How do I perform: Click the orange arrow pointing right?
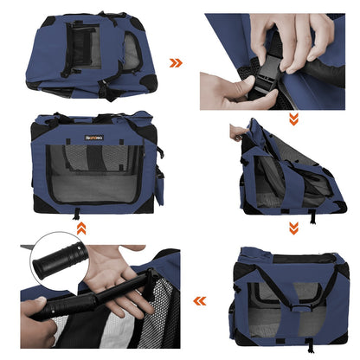(x=176, y=62)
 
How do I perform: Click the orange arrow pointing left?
(x=199, y=301)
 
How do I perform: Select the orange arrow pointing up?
(x=80, y=228)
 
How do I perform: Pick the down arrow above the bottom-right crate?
(x=293, y=228)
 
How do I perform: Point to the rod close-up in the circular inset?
(x=61, y=260)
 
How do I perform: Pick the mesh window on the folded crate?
(x=87, y=43)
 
